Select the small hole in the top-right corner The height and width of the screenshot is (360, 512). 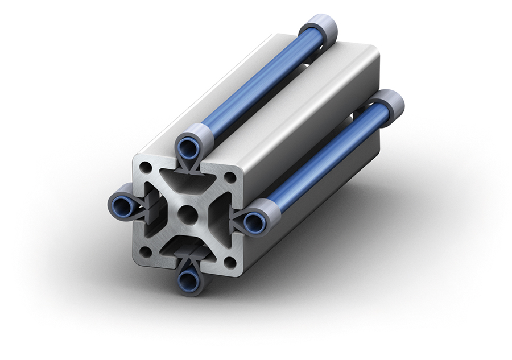click(230, 177)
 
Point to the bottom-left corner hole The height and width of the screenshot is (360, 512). click(146, 251)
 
